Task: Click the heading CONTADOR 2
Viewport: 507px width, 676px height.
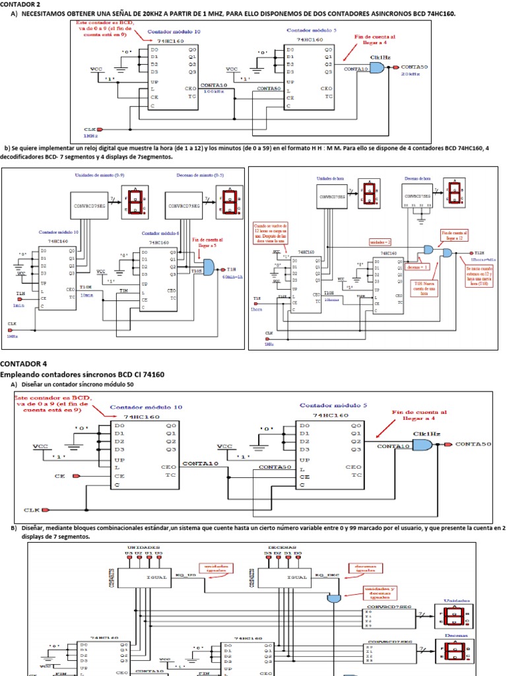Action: coord(19,4)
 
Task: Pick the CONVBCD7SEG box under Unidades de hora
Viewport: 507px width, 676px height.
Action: coord(336,195)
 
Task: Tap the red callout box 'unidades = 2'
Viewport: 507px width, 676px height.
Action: coord(380,243)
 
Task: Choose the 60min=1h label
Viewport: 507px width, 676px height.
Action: coord(233,277)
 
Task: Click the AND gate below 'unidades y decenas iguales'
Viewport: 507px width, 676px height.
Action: coord(333,598)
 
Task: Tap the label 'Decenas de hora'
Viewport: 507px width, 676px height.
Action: coord(418,179)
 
